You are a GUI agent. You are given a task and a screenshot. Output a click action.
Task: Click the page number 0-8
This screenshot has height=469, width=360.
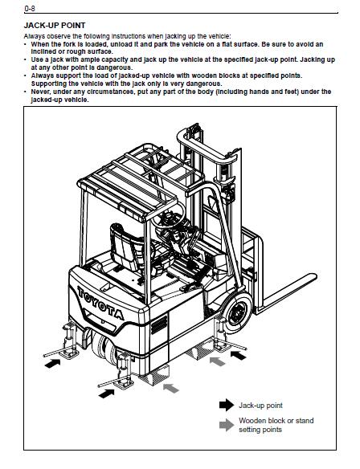tap(30, 9)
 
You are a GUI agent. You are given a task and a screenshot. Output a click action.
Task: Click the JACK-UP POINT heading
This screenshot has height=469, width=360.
tap(55, 26)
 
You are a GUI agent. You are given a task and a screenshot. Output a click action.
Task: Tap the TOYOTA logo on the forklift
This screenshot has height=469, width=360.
tap(100, 303)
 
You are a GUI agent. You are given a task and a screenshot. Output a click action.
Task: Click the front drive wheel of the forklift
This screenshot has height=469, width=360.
tap(238, 313)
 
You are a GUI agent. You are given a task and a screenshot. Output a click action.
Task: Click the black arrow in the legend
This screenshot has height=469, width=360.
tap(227, 405)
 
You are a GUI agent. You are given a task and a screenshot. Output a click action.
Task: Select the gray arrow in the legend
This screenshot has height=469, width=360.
tap(227, 425)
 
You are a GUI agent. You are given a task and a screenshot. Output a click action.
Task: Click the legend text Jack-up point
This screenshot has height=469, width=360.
tap(260, 406)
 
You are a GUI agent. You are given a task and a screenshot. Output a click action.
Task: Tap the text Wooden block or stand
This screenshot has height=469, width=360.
tap(276, 421)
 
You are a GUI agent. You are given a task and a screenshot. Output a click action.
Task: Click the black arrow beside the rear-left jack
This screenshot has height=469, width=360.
tap(52, 364)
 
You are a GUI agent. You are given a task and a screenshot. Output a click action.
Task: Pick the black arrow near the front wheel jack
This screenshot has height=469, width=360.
tap(239, 355)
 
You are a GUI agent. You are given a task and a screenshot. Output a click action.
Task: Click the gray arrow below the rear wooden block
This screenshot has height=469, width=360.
tap(171, 388)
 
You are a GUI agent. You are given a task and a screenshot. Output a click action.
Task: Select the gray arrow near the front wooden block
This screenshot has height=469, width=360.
tap(218, 361)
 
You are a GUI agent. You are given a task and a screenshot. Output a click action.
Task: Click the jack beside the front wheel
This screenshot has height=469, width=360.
tap(223, 336)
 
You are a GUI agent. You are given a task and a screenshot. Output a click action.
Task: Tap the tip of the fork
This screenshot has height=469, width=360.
tap(315, 277)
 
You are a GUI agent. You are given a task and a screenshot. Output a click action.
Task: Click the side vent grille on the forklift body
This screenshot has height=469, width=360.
tap(159, 324)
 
